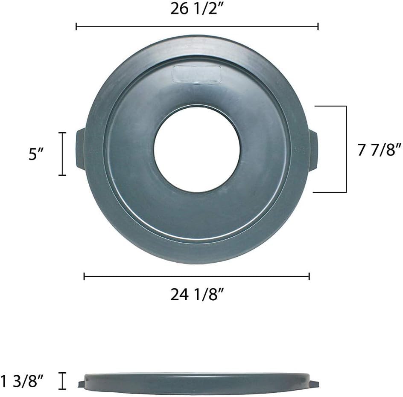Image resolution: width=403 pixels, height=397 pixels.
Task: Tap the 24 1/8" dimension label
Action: [x=198, y=294]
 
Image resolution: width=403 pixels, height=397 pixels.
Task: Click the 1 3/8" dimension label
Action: [x=22, y=380]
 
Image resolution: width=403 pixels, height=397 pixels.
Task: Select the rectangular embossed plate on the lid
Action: [x=197, y=74]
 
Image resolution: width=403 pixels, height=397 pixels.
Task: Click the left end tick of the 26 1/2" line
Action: [x=76, y=26]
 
